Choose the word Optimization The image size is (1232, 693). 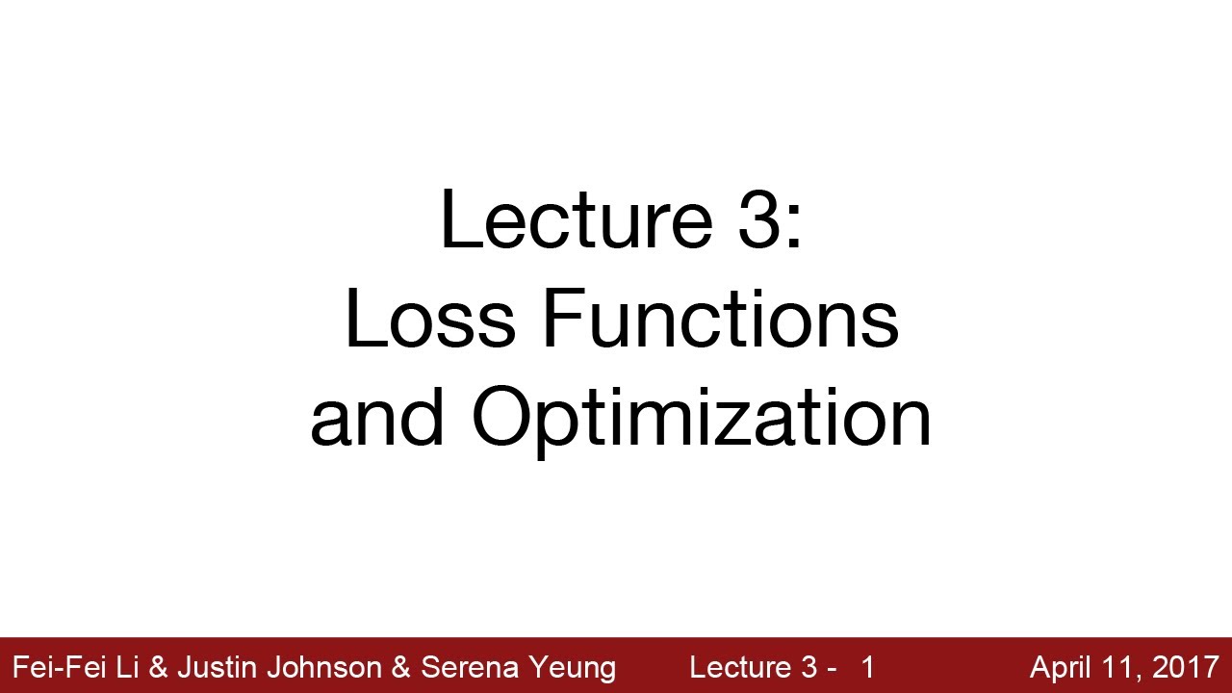(701, 421)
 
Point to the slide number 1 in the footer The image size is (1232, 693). (868, 667)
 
